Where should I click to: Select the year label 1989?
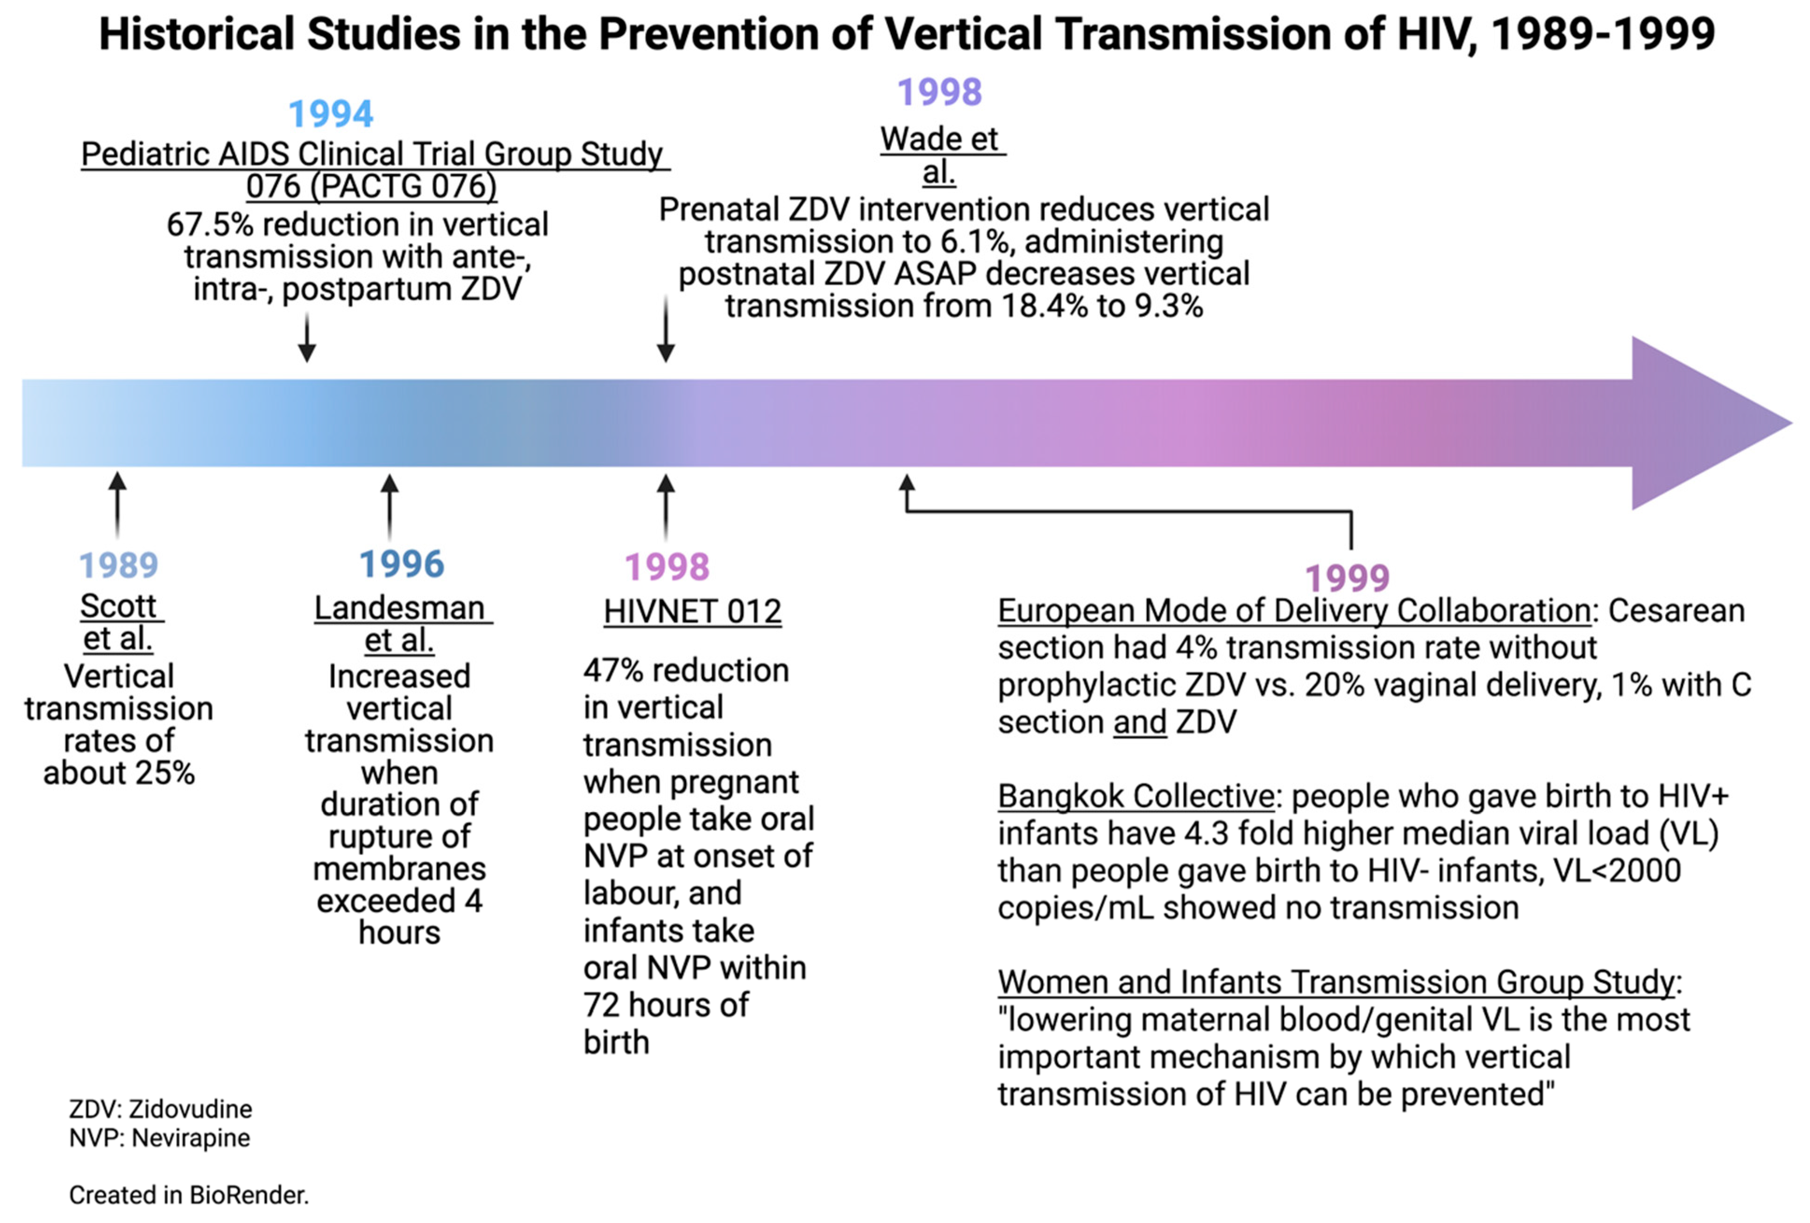pos(118,565)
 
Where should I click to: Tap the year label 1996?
pos(401,564)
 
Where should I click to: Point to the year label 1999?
pos(1348,578)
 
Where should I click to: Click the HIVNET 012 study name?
pos(692,612)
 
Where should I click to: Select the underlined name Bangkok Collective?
pos(1136,796)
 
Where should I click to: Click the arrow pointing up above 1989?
pos(118,504)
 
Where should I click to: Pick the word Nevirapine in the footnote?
pos(191,1138)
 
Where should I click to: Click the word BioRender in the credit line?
pos(248,1195)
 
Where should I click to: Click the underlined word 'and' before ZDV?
pos(1140,722)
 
